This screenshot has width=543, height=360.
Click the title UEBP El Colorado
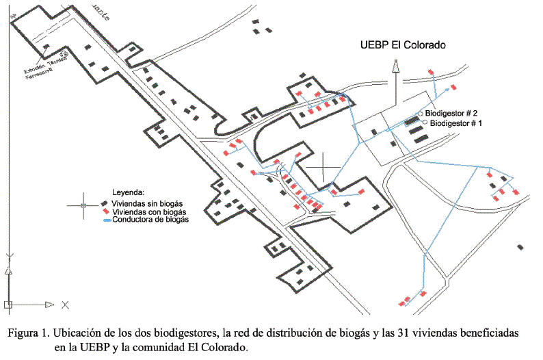[x=403, y=45]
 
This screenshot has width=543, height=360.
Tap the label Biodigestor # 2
[x=451, y=112]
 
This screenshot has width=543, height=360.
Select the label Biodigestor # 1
[x=456, y=123]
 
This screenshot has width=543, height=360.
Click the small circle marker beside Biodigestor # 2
[x=421, y=113]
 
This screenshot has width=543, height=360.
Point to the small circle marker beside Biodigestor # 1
[x=425, y=123]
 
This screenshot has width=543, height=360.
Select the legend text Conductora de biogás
[x=150, y=220]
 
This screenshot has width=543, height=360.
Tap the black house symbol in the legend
[x=105, y=203]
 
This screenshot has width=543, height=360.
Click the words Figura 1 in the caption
[x=28, y=333]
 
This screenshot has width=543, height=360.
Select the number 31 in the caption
[x=410, y=333]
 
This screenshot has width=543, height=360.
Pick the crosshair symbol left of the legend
[x=83, y=205]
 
